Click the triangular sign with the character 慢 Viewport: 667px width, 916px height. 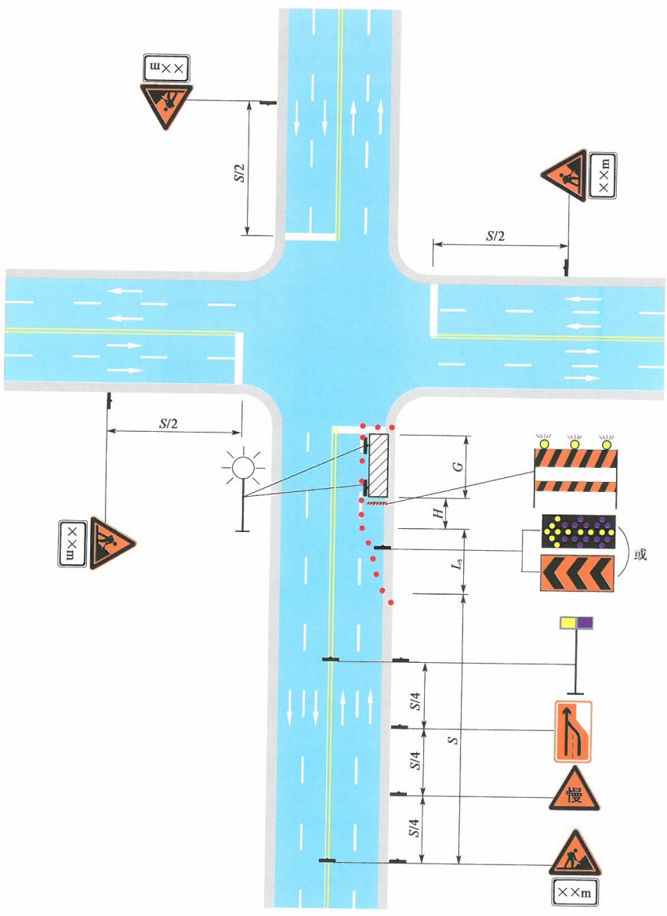pos(574,789)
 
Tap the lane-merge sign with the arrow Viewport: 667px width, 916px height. pos(573,731)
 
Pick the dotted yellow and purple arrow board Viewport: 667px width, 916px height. pos(578,531)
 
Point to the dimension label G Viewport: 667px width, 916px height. pos(459,465)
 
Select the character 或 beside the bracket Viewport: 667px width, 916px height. pos(640,554)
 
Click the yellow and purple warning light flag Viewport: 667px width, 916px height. pos(576,623)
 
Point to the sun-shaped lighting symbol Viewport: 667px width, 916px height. pos(243,468)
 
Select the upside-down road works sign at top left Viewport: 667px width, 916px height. pos(166,105)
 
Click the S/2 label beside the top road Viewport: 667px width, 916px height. pos(238,168)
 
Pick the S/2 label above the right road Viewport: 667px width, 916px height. pos(495,235)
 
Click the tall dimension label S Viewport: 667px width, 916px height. pos(452,740)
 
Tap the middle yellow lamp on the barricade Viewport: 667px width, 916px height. pos(575,442)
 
